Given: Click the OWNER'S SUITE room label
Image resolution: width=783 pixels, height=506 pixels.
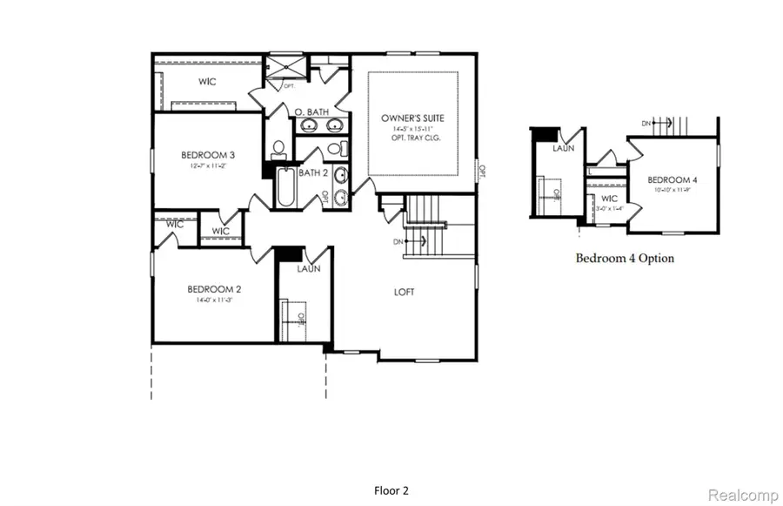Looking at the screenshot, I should [413, 118].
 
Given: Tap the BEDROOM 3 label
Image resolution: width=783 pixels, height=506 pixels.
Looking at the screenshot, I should [208, 155].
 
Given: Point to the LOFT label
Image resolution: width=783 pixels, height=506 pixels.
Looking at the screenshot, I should [404, 292].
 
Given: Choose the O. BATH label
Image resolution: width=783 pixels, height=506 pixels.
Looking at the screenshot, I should [310, 112].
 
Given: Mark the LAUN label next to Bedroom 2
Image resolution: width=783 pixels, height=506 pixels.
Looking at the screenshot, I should [308, 269].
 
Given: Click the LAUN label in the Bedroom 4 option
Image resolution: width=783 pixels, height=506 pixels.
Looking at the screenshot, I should [564, 149].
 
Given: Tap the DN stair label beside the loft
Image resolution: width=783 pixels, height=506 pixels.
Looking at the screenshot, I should [398, 241].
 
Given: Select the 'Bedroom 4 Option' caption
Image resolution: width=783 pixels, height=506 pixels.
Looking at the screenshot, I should [625, 258].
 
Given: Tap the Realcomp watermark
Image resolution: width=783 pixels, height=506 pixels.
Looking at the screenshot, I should [742, 495].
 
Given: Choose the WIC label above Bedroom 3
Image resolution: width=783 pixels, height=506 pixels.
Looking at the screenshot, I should [206, 82].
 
